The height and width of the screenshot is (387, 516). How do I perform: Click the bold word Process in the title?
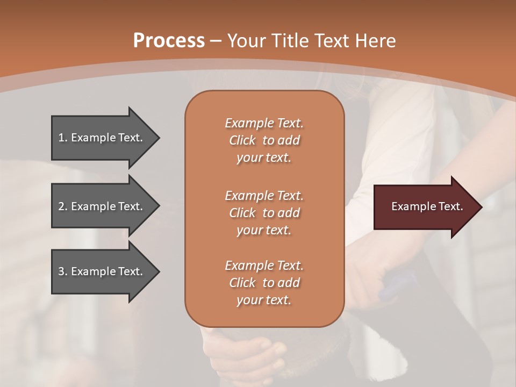coord(169,40)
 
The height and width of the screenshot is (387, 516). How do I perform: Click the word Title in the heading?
coord(288,40)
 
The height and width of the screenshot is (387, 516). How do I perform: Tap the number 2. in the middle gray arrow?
coord(62,206)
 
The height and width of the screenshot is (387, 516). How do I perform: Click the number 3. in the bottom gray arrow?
coord(62,271)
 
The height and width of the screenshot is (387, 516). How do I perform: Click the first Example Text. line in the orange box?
coord(264,123)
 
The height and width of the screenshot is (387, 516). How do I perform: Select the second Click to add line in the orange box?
coord(264,213)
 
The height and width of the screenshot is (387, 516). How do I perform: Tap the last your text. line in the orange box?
coord(264,300)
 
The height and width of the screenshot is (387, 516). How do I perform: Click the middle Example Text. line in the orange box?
coord(264,195)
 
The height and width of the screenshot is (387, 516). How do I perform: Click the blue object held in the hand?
coord(398,285)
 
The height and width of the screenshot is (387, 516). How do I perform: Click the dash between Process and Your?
coord(216,40)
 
